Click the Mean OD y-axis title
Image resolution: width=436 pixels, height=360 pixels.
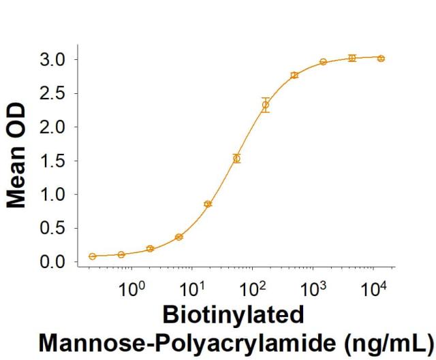click(18, 156)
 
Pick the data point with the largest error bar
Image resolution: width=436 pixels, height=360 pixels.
click(266, 105)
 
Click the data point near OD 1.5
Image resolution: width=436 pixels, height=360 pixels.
click(236, 159)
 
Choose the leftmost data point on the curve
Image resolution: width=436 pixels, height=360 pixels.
click(92, 257)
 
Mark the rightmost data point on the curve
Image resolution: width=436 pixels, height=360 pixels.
click(381, 59)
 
